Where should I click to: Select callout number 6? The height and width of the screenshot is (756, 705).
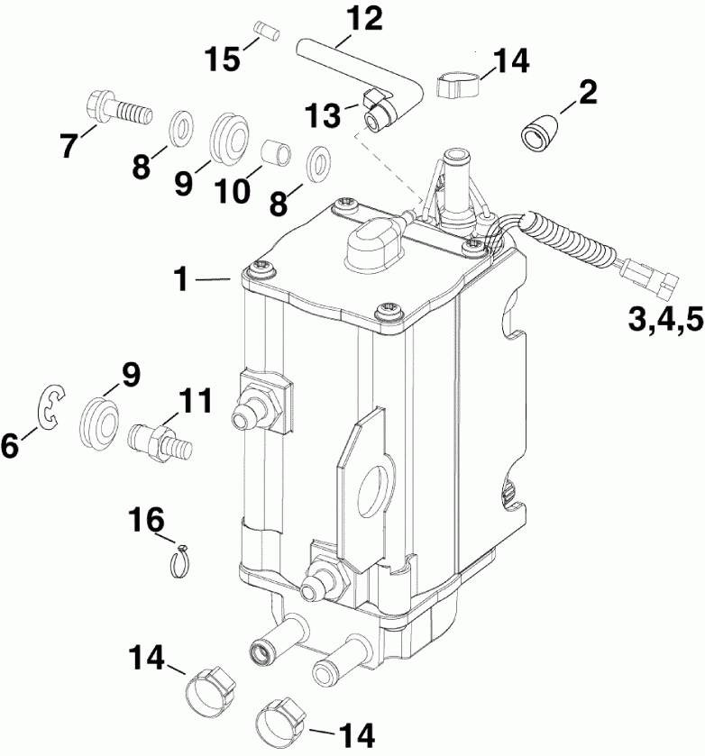(x=11, y=445)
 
